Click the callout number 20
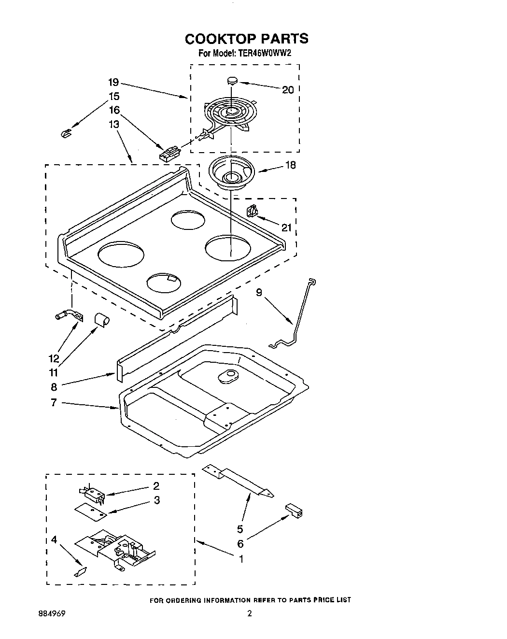pyautogui.click(x=288, y=89)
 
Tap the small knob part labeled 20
pyautogui.click(x=233, y=80)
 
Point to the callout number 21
pyautogui.click(x=287, y=227)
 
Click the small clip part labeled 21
pyautogui.click(x=252, y=211)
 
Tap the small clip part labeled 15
pyautogui.click(x=66, y=132)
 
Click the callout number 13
pyautogui.click(x=113, y=124)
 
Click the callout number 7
pyautogui.click(x=54, y=402)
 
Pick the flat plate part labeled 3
pyautogui.click(x=90, y=511)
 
